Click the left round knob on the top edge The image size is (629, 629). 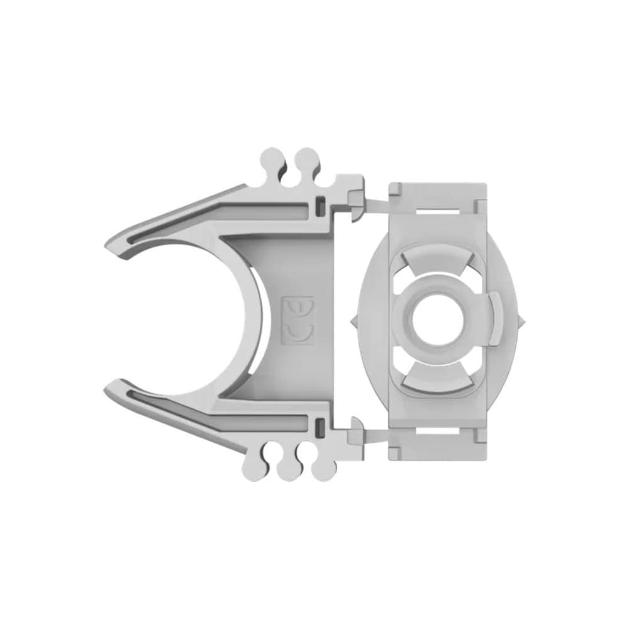pos(272,159)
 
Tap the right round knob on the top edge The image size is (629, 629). pos(307,159)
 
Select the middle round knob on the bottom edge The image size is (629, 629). pos(289,469)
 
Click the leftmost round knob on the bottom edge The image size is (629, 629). pos(253,469)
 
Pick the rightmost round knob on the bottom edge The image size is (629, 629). pos(323,469)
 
